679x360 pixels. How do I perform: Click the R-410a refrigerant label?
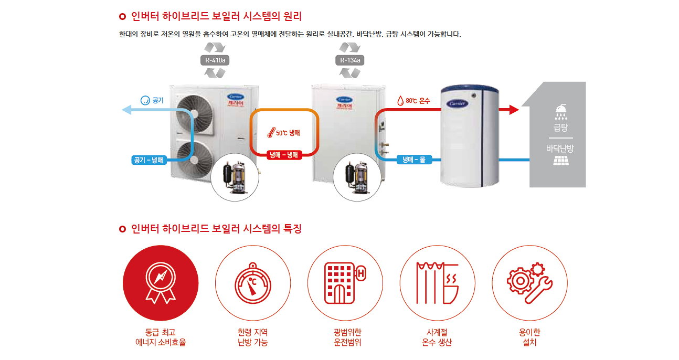click(215, 60)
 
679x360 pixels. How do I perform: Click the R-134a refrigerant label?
click(350, 60)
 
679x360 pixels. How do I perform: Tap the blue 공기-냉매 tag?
click(149, 160)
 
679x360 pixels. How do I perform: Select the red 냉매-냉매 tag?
click(284, 155)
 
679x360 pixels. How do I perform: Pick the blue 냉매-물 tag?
click(414, 160)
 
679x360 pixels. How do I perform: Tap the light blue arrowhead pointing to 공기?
click(126, 110)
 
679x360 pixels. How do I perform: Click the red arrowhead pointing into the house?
click(514, 110)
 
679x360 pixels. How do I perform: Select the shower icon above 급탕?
click(561, 112)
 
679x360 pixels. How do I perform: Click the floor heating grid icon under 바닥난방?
click(561, 161)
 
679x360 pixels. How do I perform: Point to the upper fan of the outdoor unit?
click(195, 114)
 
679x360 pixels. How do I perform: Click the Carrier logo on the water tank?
click(457, 103)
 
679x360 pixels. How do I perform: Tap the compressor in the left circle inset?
click(235, 178)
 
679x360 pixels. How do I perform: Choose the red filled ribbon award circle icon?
click(161, 283)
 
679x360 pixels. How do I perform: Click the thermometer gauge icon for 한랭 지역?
click(253, 283)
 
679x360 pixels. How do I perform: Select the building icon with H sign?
click(345, 283)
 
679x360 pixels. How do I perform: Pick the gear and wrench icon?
click(530, 283)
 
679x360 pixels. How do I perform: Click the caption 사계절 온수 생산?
click(437, 337)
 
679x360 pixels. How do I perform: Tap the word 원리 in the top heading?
click(292, 16)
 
